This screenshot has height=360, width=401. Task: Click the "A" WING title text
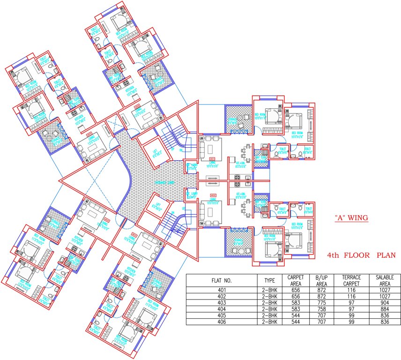351,218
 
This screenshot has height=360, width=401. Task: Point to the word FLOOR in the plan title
356,255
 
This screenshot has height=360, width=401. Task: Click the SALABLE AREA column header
384,280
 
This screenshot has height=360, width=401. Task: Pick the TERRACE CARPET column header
351,280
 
